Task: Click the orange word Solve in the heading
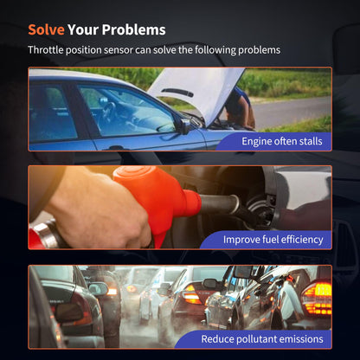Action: tap(46, 29)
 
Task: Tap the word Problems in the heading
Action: tap(133, 29)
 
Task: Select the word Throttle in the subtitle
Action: tap(46, 50)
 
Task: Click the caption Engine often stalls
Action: tap(282, 141)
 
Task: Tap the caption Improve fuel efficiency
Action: tap(273, 240)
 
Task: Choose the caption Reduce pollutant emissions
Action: tap(262, 339)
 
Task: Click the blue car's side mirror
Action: tap(183, 126)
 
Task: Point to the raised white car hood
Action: tap(196, 93)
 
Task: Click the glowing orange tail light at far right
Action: tap(317, 298)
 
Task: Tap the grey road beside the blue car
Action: tap(292, 112)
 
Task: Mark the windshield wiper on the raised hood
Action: tap(177, 93)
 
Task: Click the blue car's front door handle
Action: tap(116, 148)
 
